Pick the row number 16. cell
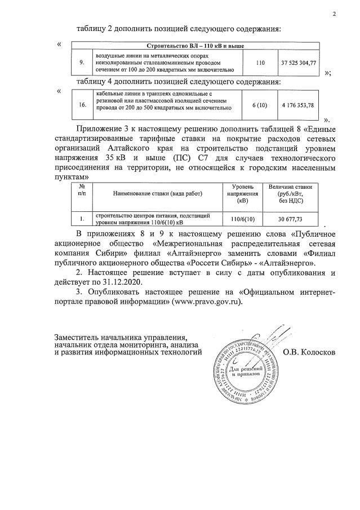tap(82, 104)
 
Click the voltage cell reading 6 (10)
tap(260, 104)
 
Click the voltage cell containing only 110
tap(260, 64)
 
